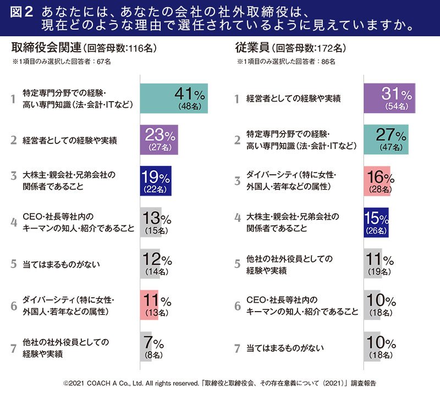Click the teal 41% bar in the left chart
173,99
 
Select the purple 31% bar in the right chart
389,99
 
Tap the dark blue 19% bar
156,181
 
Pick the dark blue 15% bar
376,222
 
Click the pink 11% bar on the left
148,305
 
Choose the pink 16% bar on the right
377,181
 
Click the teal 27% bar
386,140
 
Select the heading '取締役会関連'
42,48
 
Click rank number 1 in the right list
237,99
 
